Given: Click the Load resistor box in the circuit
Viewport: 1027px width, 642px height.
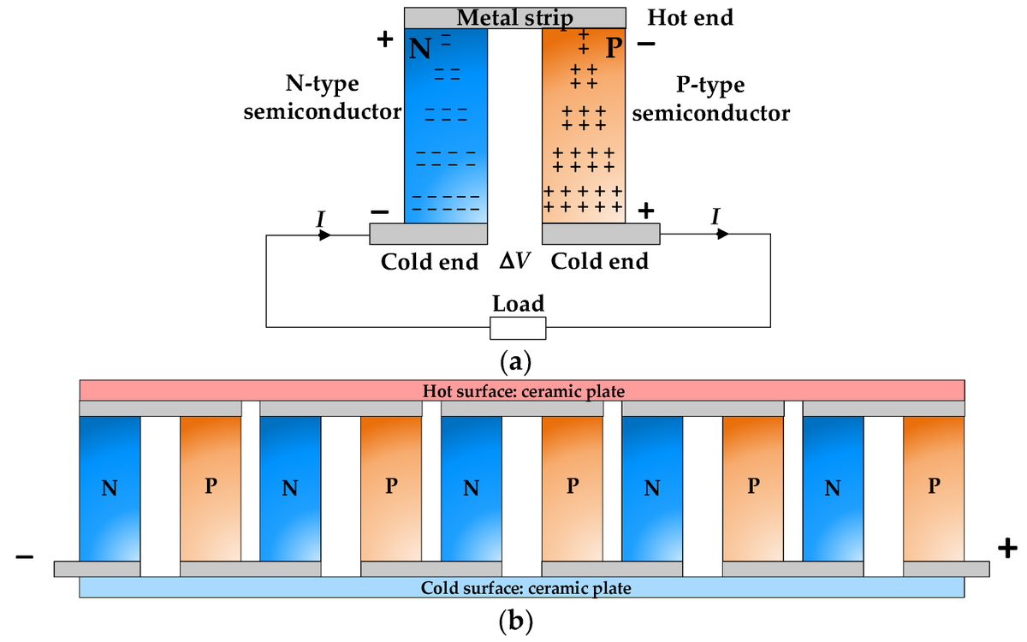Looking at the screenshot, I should point(517,328).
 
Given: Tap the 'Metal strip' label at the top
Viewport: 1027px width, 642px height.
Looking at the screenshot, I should point(514,17).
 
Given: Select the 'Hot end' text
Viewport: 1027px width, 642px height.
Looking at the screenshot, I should point(690,17).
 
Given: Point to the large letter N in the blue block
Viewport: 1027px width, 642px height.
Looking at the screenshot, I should point(419,48).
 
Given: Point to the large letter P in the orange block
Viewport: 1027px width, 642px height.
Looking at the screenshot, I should point(613,48).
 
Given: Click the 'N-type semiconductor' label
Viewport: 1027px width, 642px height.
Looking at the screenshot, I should point(323,98).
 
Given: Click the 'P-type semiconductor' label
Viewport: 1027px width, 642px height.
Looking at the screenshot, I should point(710,99).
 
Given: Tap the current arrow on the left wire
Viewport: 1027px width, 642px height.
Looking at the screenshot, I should point(324,234).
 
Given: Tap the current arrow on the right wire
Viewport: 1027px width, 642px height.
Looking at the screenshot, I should point(722,234).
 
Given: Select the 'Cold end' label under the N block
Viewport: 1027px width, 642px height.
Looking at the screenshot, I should point(430,261).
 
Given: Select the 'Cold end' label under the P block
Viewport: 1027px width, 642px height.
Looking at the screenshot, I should point(599,261).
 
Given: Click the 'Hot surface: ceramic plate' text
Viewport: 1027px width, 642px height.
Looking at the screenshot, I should point(524,391).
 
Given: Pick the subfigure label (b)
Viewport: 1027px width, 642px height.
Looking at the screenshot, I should point(515,619).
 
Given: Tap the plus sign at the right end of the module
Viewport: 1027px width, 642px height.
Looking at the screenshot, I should point(1007,547).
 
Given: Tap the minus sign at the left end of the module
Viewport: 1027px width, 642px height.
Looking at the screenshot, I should point(24,557).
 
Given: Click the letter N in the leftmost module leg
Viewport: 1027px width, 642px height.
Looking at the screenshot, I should point(109,488).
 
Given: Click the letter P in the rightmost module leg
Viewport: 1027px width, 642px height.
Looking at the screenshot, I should point(934,485).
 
